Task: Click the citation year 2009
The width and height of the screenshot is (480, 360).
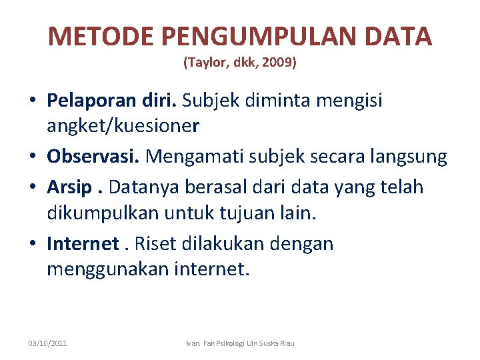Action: (280, 64)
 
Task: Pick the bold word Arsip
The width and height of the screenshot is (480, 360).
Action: (69, 187)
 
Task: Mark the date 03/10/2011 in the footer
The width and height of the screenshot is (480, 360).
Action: (47, 344)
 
